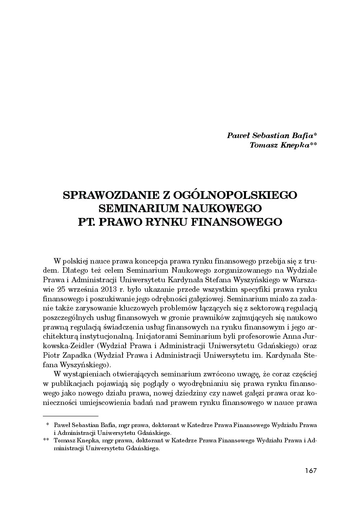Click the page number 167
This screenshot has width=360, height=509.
tap(311, 471)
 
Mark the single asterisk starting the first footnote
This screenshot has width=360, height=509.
tap(48, 425)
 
